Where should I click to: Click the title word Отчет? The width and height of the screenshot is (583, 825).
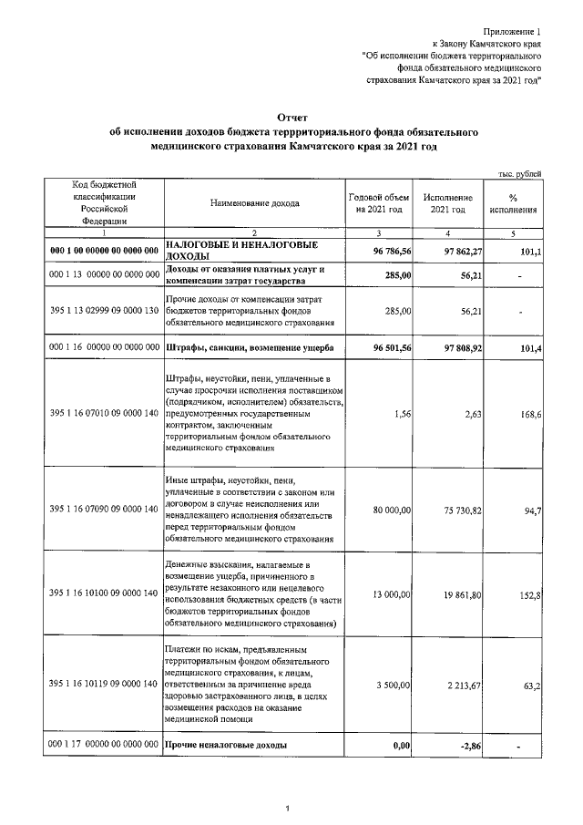click(292, 117)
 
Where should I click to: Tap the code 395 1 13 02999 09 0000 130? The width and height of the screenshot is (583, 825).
click(99, 311)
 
